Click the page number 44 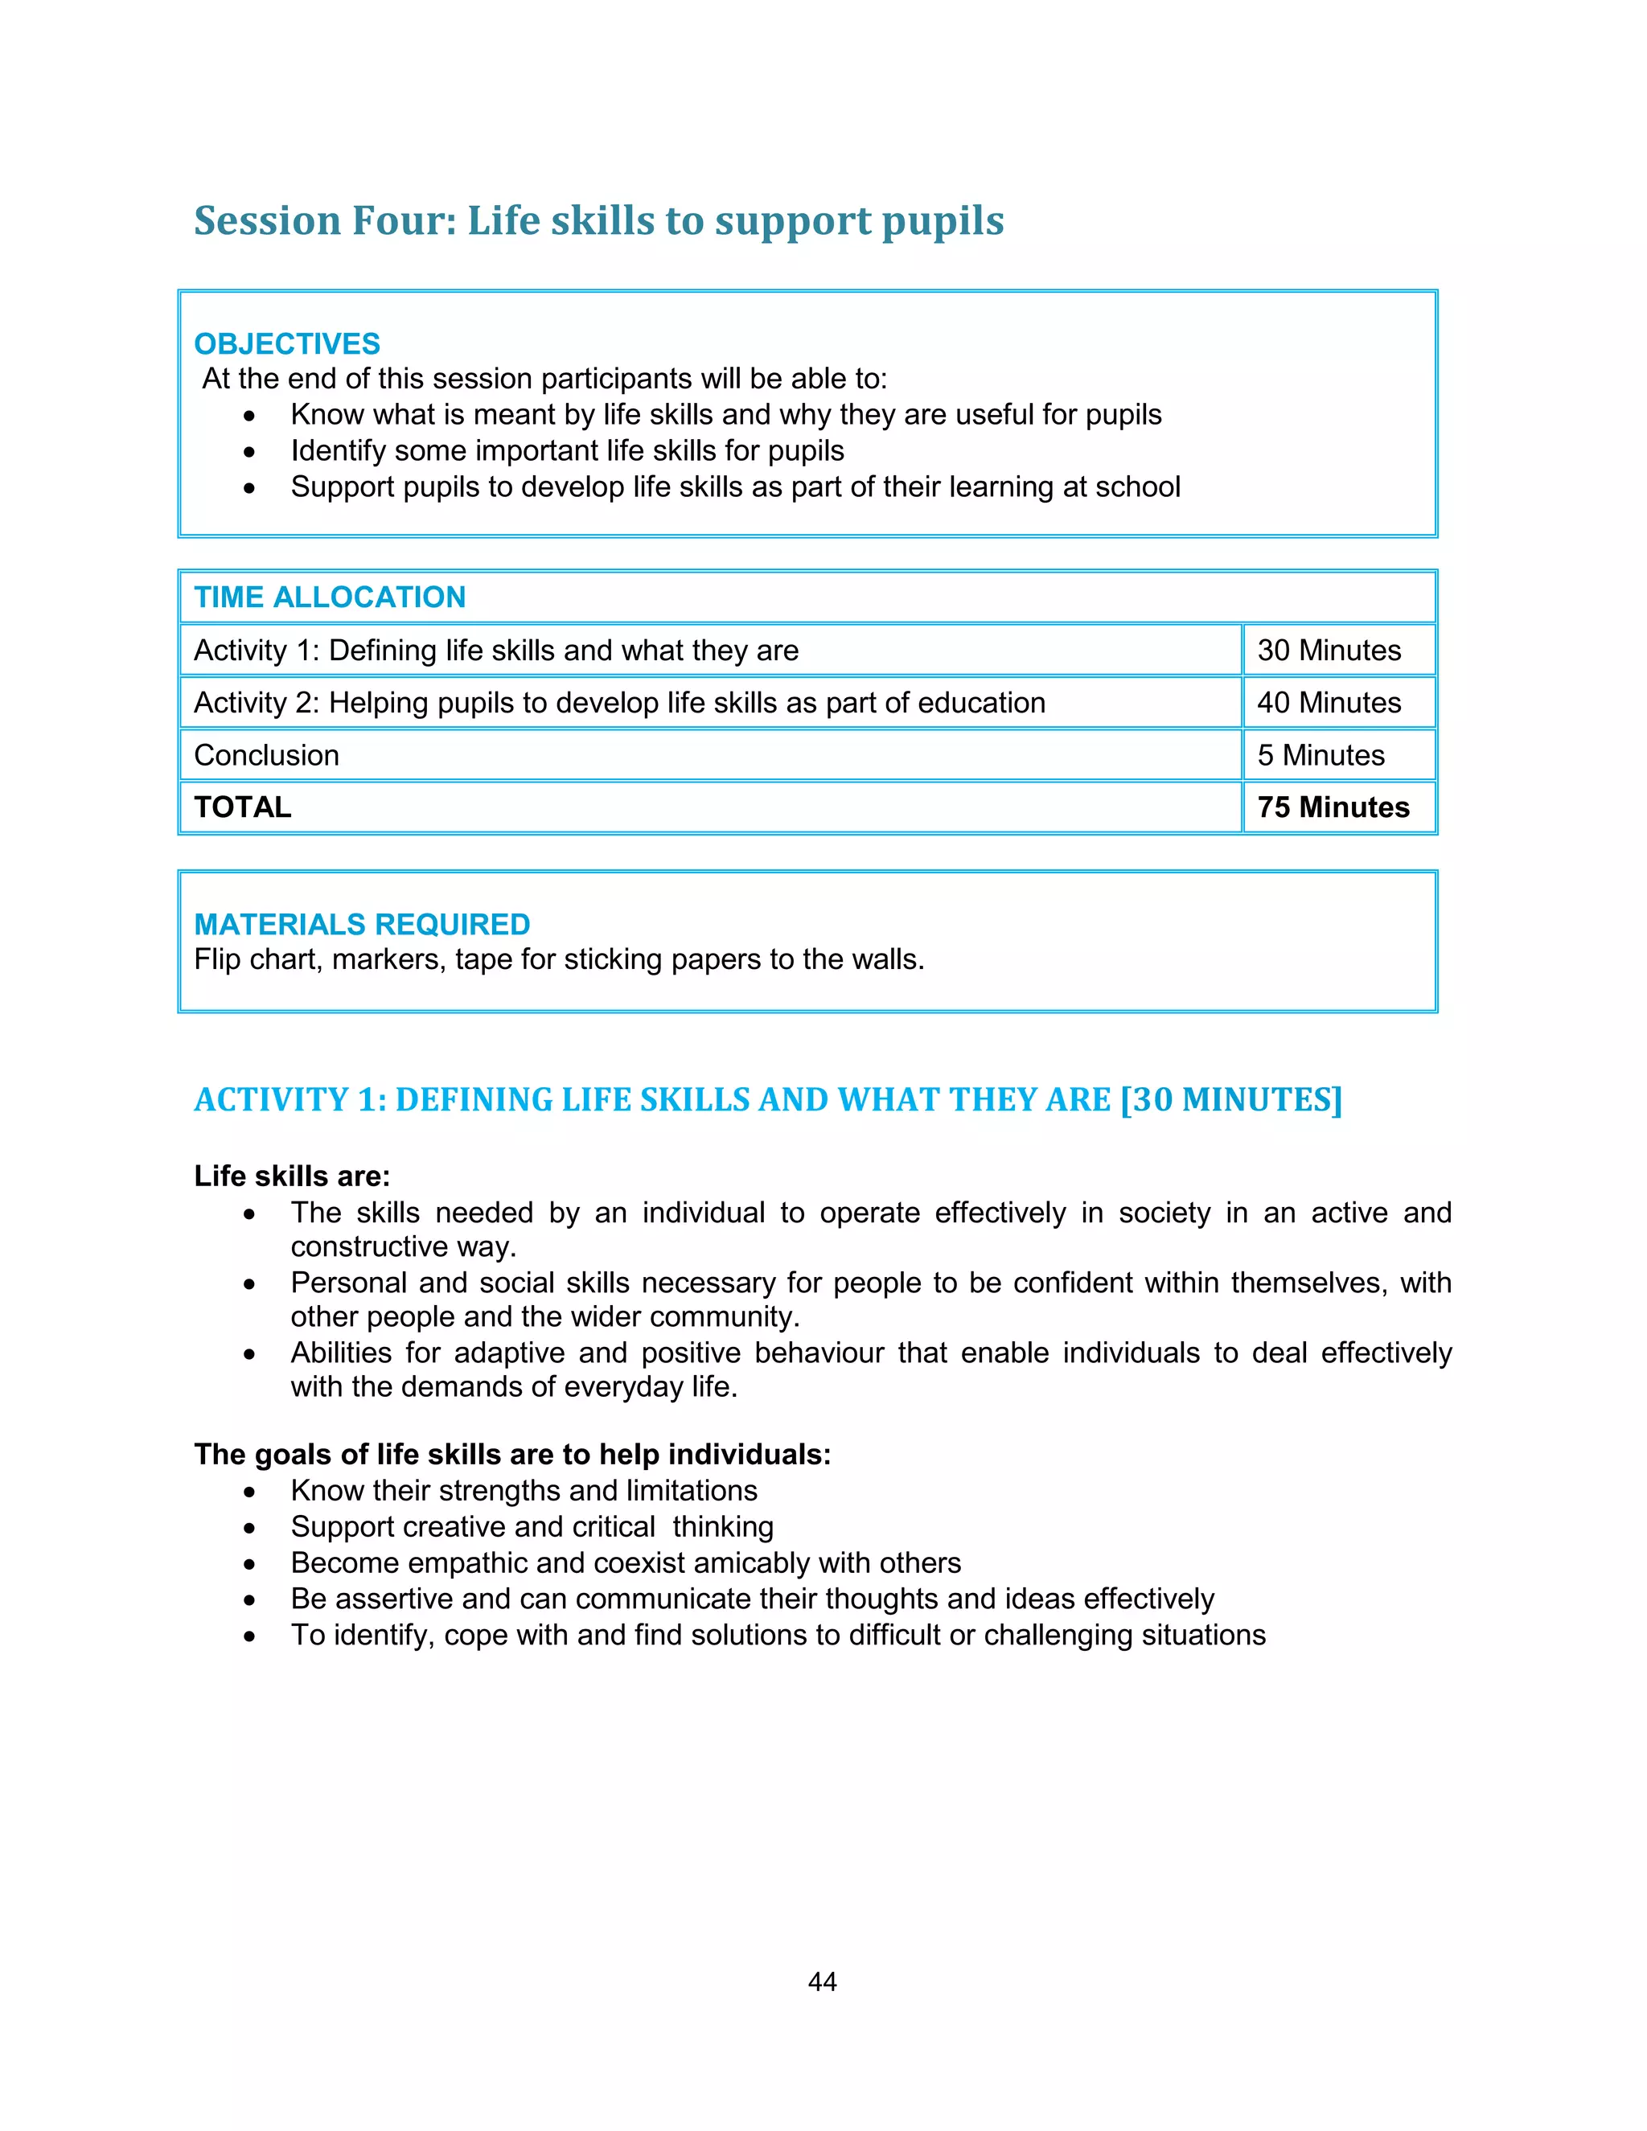pyautogui.click(x=822, y=1981)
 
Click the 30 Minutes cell pyautogui.click(x=1328, y=650)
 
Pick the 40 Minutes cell pyautogui.click(x=1328, y=703)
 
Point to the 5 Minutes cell pyautogui.click(x=1320, y=755)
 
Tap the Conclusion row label pyautogui.click(x=266, y=755)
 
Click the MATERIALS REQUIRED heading pyautogui.click(x=361, y=923)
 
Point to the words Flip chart pyautogui.click(x=256, y=959)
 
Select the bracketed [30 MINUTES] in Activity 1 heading pyautogui.click(x=1231, y=1099)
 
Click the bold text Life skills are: pyautogui.click(x=292, y=1176)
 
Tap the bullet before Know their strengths pyautogui.click(x=250, y=1492)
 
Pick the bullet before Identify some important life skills pyautogui.click(x=250, y=452)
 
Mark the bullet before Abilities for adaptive pyautogui.click(x=250, y=1354)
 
